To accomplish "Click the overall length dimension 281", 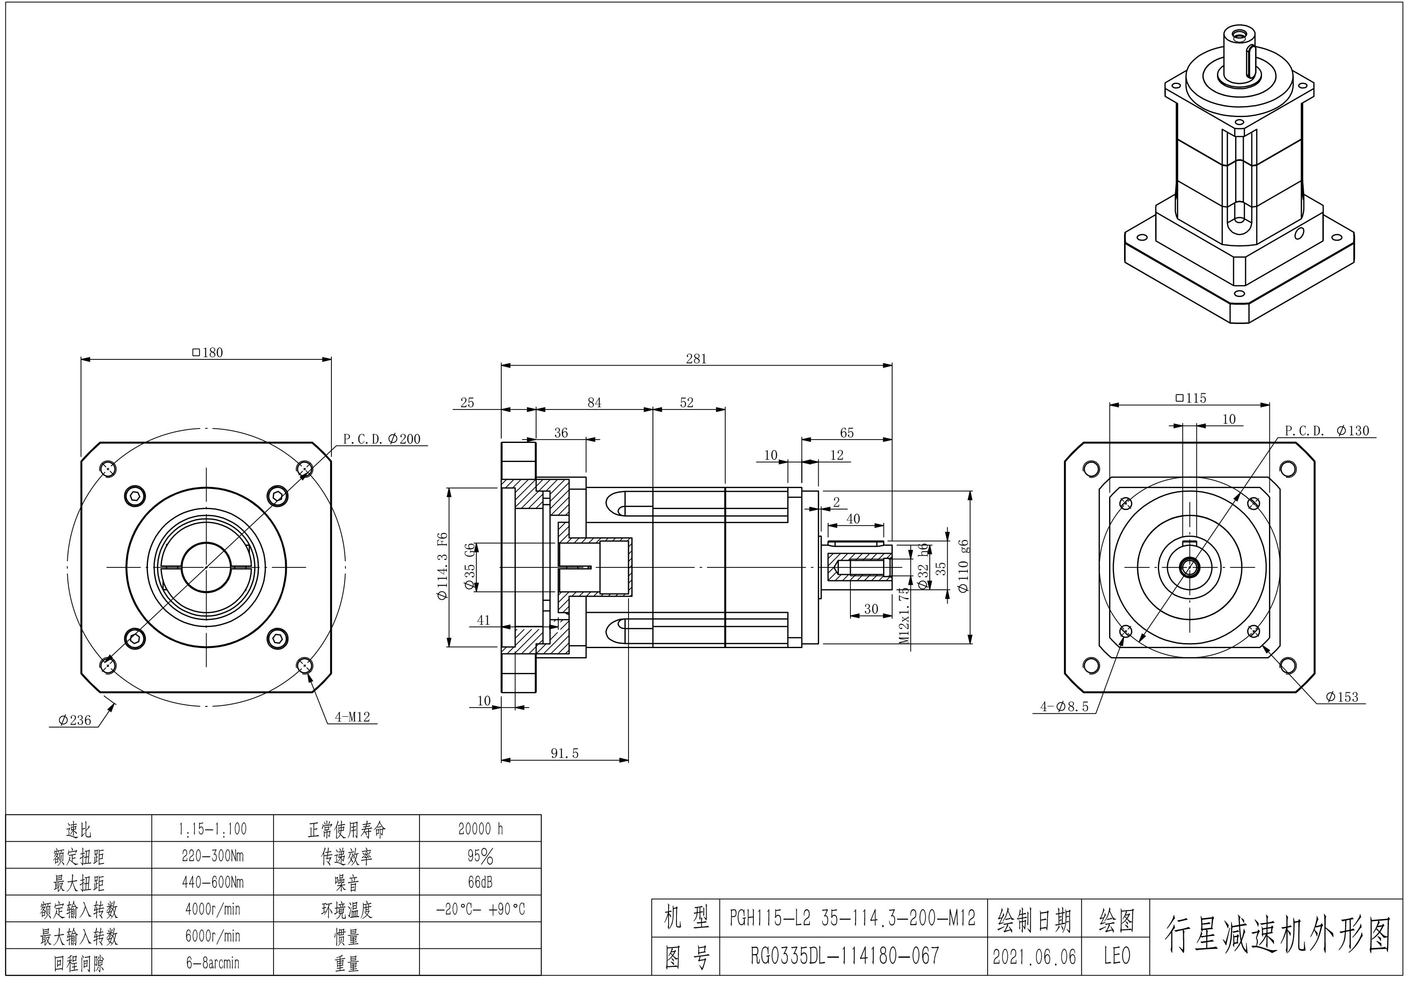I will [696, 359].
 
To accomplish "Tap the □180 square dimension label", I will [207, 353].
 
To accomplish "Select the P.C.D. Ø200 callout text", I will [382, 439].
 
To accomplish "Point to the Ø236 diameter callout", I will [75, 720].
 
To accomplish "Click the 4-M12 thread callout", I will [352, 717].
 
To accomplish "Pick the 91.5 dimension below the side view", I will [564, 753].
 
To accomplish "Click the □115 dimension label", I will [1190, 398].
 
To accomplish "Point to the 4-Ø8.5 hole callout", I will [1065, 707].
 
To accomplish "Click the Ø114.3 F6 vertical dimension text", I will [443, 567].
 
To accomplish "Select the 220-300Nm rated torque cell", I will [212, 855].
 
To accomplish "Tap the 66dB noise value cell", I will [480, 883].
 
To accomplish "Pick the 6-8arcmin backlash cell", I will [212, 963].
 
